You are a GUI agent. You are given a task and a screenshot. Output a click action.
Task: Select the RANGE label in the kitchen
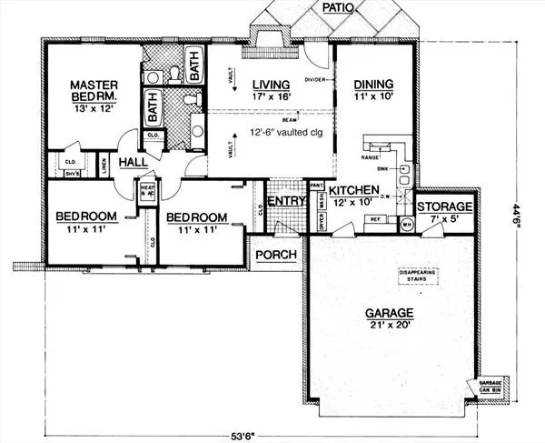point(372,156)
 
